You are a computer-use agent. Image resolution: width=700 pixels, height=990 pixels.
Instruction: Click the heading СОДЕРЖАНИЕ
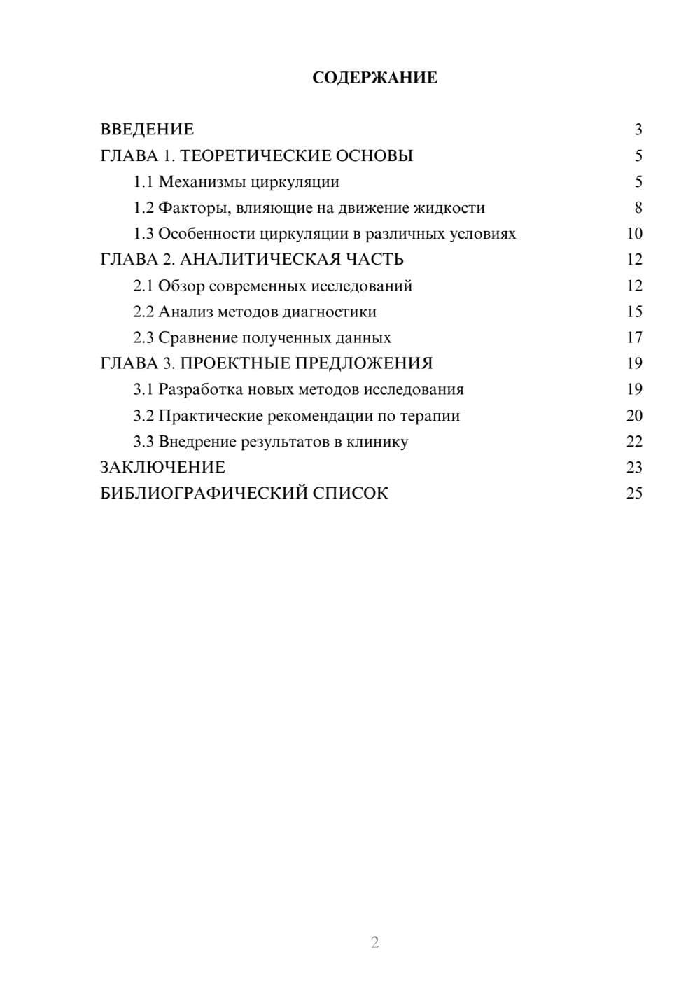(x=374, y=78)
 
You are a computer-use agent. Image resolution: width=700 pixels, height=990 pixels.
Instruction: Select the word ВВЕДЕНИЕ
(x=147, y=130)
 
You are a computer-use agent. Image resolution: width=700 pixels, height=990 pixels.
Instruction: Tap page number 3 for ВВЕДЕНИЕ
(x=638, y=130)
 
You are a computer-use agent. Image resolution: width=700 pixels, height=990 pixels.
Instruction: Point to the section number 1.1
(x=143, y=182)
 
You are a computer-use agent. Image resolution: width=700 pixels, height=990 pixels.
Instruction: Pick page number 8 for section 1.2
(x=638, y=208)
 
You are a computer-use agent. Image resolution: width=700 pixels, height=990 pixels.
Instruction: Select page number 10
(x=634, y=234)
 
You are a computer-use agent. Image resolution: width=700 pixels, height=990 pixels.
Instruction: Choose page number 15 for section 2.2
(x=634, y=312)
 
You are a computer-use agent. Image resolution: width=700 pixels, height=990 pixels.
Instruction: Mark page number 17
(x=634, y=337)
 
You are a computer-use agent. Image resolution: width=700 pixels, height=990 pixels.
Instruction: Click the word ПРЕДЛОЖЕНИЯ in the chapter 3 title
(x=363, y=363)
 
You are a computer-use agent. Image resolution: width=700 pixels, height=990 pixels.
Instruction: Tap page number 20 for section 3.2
(x=634, y=416)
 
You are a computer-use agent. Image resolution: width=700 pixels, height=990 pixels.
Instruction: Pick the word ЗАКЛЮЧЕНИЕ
(x=162, y=468)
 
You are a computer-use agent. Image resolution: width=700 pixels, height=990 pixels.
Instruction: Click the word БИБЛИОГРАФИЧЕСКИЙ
(x=204, y=494)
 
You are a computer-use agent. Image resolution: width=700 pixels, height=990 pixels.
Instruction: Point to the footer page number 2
(x=374, y=942)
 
